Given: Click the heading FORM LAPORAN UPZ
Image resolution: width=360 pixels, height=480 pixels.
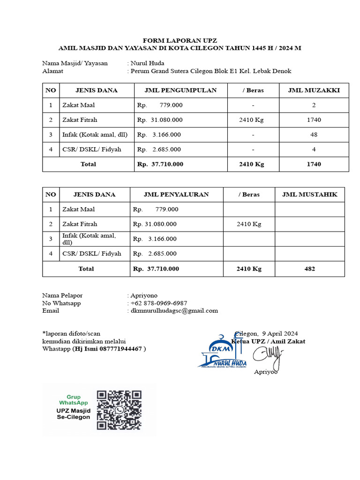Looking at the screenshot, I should click(180, 40).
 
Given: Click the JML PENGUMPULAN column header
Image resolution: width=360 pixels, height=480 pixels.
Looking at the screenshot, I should click(181, 90).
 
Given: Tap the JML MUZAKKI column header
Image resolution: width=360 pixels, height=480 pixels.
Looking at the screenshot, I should click(314, 90).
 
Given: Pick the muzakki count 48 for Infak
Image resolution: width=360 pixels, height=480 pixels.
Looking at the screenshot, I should click(314, 135).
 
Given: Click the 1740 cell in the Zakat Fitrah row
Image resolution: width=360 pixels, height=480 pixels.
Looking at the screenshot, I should click(314, 120).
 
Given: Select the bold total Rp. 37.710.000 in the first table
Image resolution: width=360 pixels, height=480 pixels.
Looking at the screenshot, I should click(160, 164).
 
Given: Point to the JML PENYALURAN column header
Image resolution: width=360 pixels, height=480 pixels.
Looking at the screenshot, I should click(176, 195).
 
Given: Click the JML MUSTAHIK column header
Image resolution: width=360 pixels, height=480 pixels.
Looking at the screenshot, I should click(309, 195).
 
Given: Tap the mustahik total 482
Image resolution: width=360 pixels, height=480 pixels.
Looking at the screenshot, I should click(309, 269).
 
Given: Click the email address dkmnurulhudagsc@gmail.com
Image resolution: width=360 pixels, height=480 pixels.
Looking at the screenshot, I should click(174, 310).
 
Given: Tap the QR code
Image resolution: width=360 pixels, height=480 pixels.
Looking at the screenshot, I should click(119, 410).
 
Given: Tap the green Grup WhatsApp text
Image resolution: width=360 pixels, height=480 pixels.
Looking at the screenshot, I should click(73, 400).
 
